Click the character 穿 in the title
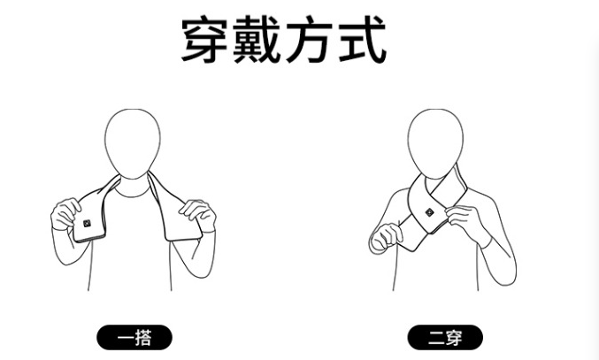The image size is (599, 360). pyautogui.click(x=204, y=39)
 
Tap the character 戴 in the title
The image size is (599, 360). pyautogui.click(x=257, y=39)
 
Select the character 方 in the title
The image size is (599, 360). pyautogui.click(x=309, y=39)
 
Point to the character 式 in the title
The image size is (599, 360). pyautogui.click(x=362, y=39)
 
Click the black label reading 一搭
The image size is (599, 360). pyautogui.click(x=134, y=337)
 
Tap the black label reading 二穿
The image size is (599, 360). pyautogui.click(x=445, y=337)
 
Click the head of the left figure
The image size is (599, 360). pyautogui.click(x=133, y=143)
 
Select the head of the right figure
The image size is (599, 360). pyautogui.click(x=435, y=143)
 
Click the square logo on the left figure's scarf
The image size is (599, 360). pyautogui.click(x=87, y=223)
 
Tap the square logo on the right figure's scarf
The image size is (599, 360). pyautogui.click(x=429, y=212)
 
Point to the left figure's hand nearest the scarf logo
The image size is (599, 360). pyautogui.click(x=65, y=214)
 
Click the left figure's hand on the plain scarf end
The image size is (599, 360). pyautogui.click(x=198, y=215)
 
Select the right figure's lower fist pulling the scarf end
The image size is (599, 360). pyautogui.click(x=386, y=237)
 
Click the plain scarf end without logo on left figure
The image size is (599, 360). pyautogui.click(x=176, y=214)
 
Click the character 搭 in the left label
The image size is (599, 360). pyautogui.click(x=143, y=338)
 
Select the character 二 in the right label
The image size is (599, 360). pyautogui.click(x=436, y=338)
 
